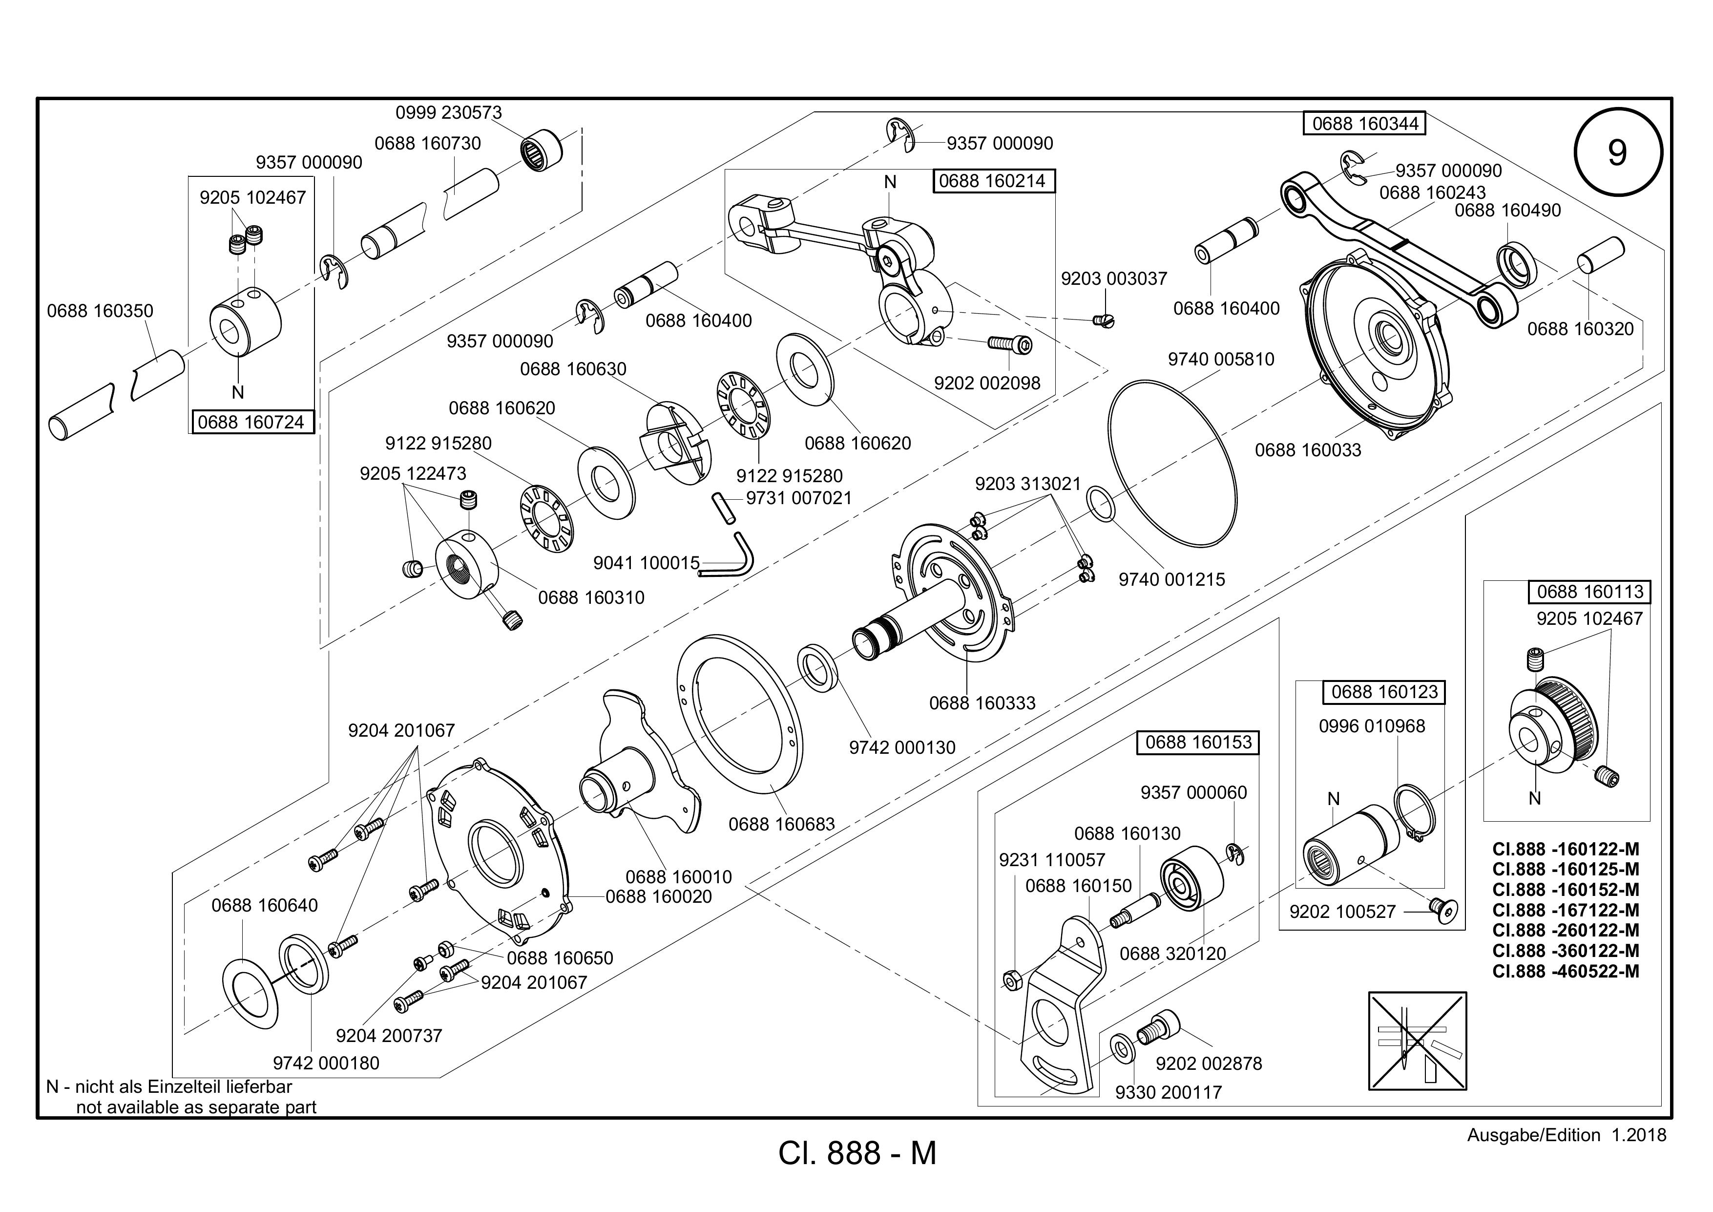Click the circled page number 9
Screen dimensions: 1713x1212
coord(1617,153)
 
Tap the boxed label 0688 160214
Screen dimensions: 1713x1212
coord(994,181)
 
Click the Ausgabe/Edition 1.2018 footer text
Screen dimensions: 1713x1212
coord(1566,1135)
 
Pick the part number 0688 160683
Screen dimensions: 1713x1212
coord(781,824)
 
